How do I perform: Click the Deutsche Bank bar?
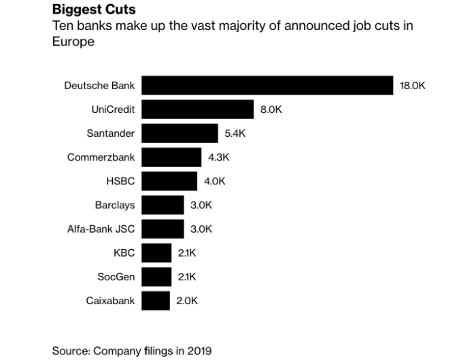click(x=268, y=86)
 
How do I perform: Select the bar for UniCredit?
click(x=198, y=110)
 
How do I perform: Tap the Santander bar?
click(x=180, y=133)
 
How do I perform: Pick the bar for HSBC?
click(x=170, y=181)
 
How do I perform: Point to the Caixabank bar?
click(x=156, y=300)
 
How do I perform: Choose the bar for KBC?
click(x=157, y=252)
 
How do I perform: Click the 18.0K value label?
click(x=413, y=86)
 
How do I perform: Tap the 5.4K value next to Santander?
click(x=235, y=133)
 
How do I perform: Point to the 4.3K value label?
click(x=220, y=157)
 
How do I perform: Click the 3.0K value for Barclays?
click(x=201, y=205)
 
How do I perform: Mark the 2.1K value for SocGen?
click(x=186, y=276)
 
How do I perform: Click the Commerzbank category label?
click(x=101, y=157)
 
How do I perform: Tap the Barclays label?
click(x=115, y=205)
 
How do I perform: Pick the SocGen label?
click(x=117, y=276)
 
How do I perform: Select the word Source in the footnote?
click(x=71, y=351)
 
